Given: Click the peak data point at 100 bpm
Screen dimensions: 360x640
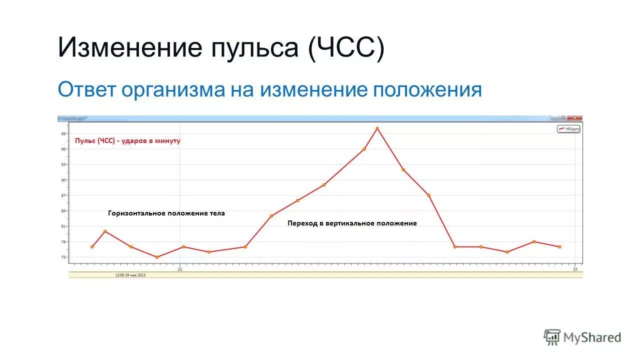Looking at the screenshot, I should tap(377, 128).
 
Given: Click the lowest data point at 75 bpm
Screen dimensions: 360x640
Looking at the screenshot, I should tap(157, 257).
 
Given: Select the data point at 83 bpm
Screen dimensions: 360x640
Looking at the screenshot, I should tap(271, 216).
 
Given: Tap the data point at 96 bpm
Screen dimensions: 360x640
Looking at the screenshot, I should tap(364, 149).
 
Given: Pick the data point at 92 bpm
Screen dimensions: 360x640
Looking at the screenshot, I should tap(403, 169).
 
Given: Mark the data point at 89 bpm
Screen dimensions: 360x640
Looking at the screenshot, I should tap(324, 185).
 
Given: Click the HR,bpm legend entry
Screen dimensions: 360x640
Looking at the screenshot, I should tap(569, 129).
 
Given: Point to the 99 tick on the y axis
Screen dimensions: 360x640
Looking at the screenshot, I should tap(64, 133).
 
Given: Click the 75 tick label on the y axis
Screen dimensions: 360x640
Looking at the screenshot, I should tap(64, 257).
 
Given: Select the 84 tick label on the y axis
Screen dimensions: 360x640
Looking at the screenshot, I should tap(64, 211).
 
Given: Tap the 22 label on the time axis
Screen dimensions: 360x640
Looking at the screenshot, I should tap(180, 269).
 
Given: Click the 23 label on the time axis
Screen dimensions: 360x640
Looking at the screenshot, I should tap(575, 269).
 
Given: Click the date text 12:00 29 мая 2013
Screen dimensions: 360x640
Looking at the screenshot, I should tap(130, 275).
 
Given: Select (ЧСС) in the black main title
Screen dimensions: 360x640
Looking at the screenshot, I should tap(346, 48).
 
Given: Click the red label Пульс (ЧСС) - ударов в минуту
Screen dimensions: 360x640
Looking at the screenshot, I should tap(127, 141).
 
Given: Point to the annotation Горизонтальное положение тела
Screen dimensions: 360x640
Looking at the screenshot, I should tap(166, 213).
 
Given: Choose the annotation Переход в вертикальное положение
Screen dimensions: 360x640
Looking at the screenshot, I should tap(352, 223).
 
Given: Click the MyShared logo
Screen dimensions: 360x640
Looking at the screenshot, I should tap(582, 337).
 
